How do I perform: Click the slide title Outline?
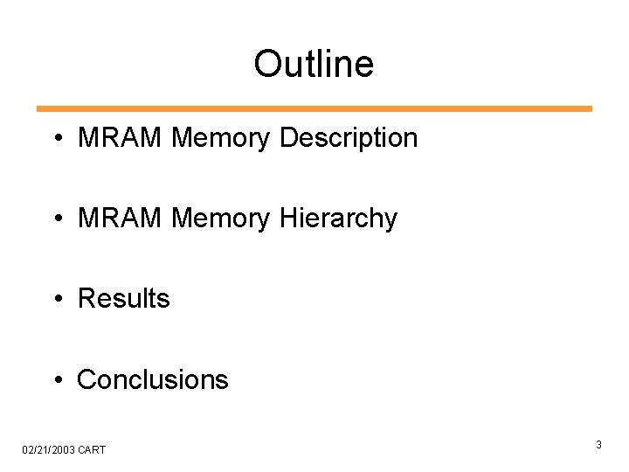pyautogui.click(x=314, y=64)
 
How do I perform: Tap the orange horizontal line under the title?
pyautogui.click(x=314, y=109)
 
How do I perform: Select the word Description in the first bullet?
pyautogui.click(x=349, y=138)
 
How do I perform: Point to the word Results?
pyautogui.click(x=124, y=299)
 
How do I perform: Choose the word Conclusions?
pyautogui.click(x=153, y=379)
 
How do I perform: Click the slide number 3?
pyautogui.click(x=599, y=445)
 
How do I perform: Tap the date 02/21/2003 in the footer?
pyautogui.click(x=49, y=449)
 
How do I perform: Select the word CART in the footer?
pyautogui.click(x=92, y=449)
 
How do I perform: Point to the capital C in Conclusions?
pyautogui.click(x=86, y=379)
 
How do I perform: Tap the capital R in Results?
pyautogui.click(x=86, y=299)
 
